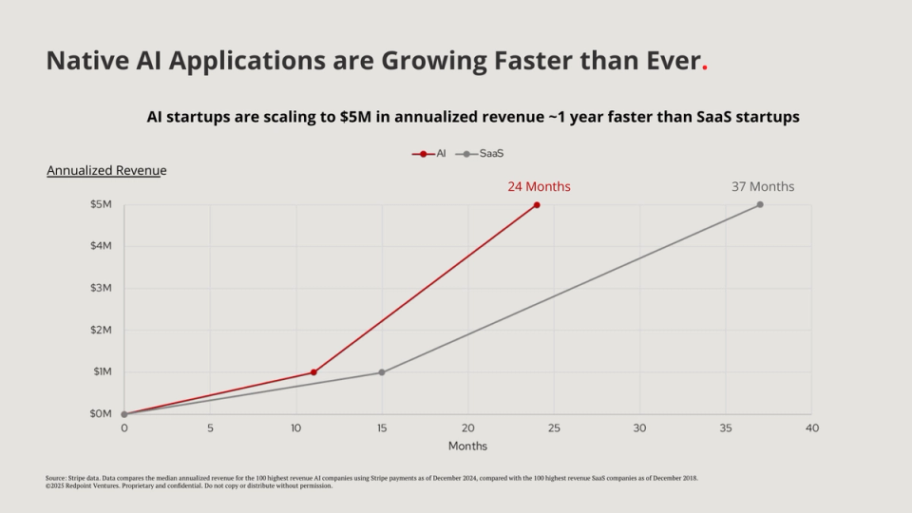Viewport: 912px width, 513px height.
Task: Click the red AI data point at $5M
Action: [537, 204]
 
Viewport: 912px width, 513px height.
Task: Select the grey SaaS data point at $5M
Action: [760, 204]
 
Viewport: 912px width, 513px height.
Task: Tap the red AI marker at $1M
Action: [313, 372]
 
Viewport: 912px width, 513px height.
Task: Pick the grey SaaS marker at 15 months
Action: [382, 372]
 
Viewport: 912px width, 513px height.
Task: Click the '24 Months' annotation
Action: [539, 186]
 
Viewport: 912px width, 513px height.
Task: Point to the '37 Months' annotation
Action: [762, 186]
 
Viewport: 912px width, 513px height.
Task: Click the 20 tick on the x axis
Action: [467, 428]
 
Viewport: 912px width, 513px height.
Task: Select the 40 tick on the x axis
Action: [811, 428]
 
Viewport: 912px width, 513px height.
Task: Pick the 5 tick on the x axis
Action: [210, 428]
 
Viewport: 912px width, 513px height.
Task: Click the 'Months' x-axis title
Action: [467, 446]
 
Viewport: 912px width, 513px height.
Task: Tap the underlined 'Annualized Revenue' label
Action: [106, 171]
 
